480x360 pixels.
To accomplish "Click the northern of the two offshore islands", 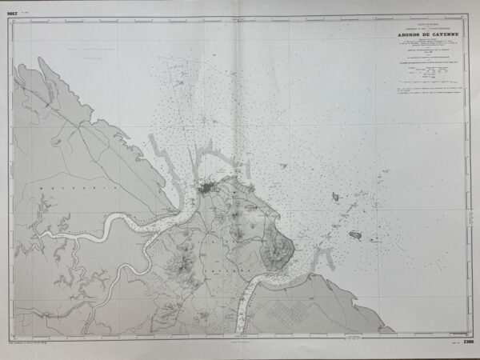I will tap(335, 196).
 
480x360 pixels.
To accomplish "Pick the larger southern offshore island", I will tap(356, 234).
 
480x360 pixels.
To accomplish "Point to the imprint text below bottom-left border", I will tap(40, 345).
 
